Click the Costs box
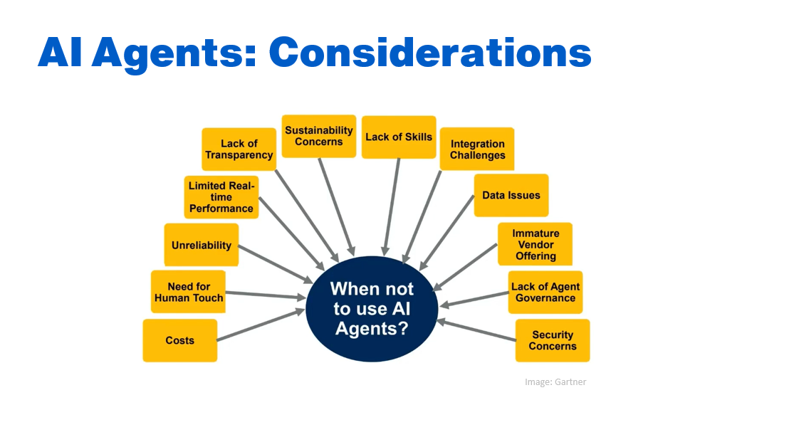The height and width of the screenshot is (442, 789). pos(180,340)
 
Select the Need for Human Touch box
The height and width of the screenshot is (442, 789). pos(188,292)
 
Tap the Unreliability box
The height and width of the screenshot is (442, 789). pos(202,245)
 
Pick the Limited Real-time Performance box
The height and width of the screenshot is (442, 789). pos(221,197)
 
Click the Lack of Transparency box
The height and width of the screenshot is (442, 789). pos(239,149)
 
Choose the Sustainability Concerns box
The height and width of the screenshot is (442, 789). pos(319,136)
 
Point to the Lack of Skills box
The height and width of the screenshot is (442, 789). pos(399,137)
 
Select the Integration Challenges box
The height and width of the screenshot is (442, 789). pos(477,149)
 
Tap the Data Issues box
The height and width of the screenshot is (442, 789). pos(511,195)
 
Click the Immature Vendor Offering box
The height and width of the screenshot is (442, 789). pos(535,244)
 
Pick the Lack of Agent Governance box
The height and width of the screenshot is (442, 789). pos(545,292)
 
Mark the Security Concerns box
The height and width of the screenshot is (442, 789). pos(553,340)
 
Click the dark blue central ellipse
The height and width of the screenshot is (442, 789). pos(372,309)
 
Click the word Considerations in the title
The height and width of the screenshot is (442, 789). pos(430,53)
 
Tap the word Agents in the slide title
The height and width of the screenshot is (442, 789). pos(174,55)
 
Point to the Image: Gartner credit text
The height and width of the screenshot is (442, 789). pos(555,382)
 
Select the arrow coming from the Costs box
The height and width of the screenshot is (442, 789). pos(261,325)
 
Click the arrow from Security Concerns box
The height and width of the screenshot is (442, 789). pos(476,330)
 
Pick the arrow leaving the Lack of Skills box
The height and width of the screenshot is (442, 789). pos(392,207)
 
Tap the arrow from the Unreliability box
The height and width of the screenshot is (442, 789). pos(276,264)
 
